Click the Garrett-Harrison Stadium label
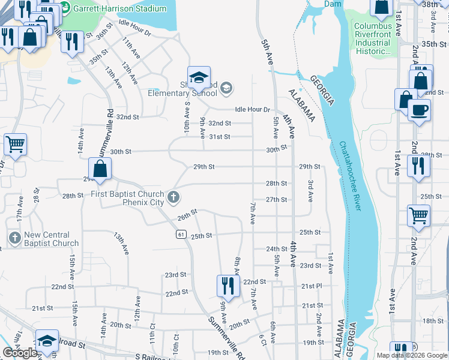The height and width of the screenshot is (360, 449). (119, 9)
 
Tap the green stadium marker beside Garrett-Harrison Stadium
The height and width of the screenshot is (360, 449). (65, 9)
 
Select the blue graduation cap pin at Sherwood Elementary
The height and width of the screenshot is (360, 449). (199, 78)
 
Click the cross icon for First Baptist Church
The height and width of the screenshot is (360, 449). (173, 197)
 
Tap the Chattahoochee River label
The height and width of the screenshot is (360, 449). (350, 175)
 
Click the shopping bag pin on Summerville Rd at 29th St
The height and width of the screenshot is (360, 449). (100, 169)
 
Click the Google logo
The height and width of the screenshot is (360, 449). (20, 353)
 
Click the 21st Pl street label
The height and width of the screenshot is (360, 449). (312, 286)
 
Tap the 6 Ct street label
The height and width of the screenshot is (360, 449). (262, 339)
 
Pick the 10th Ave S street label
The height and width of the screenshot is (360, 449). (187, 117)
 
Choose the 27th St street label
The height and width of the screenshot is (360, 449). (276, 200)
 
